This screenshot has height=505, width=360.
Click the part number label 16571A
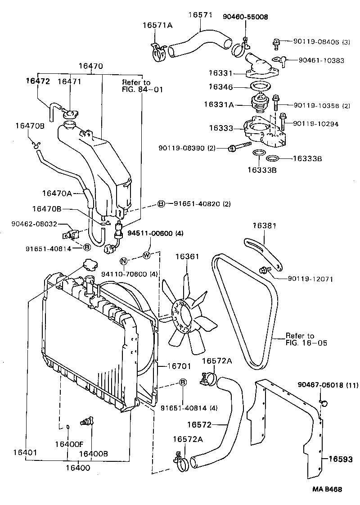157,25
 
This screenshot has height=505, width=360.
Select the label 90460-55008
245,17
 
